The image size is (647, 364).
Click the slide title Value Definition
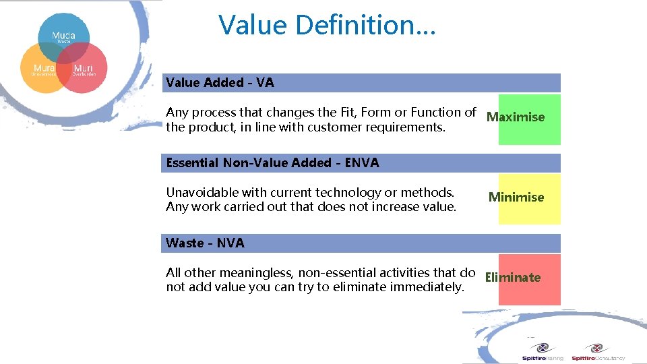[x=328, y=26]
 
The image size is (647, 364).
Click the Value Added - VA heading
[x=220, y=83]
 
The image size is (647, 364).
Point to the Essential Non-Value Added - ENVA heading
[x=272, y=163]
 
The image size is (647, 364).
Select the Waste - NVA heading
[x=205, y=243]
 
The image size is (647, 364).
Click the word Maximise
[x=516, y=117]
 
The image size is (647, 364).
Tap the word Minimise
[x=516, y=198]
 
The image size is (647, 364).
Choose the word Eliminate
[x=512, y=278]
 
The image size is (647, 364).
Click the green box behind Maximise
[x=530, y=135]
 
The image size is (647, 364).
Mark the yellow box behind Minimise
[x=530, y=214]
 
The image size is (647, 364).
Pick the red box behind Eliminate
[x=530, y=295]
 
